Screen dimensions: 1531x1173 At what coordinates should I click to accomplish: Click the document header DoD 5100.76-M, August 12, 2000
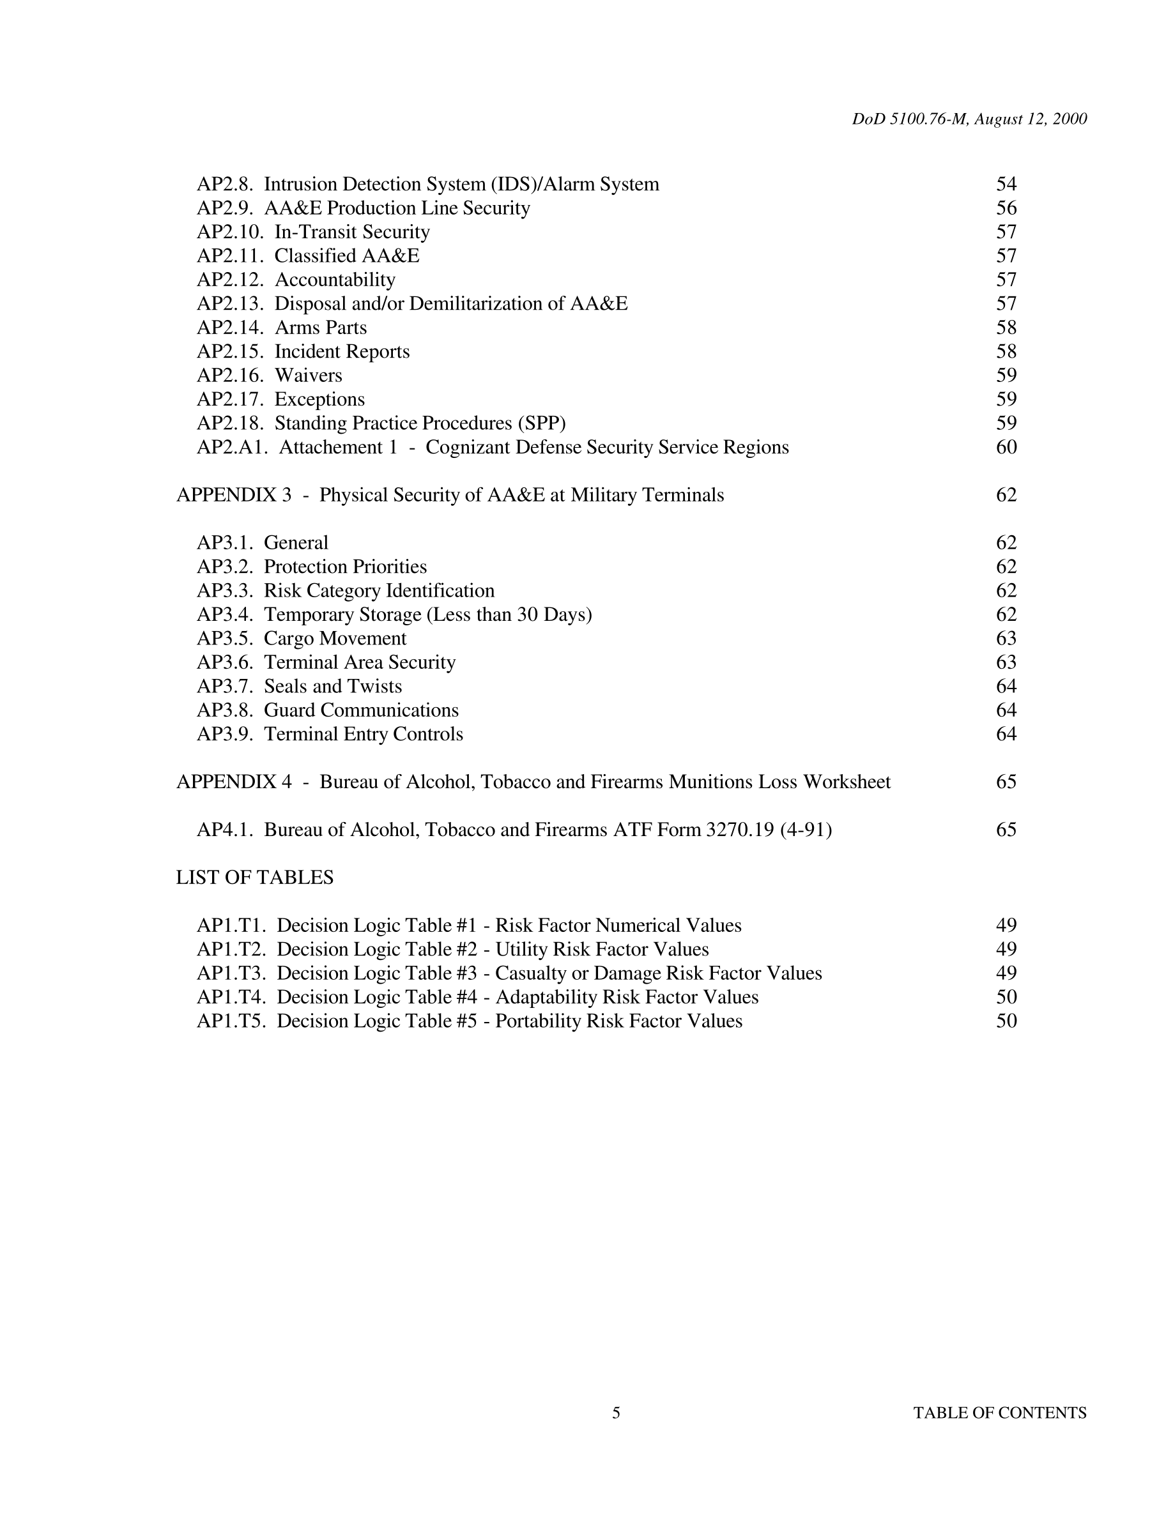click(969, 119)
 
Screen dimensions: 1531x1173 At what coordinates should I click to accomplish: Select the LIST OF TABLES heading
click(255, 877)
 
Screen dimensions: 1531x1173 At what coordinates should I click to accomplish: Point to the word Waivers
click(309, 376)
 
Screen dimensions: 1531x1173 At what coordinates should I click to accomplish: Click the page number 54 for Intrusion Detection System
click(1006, 185)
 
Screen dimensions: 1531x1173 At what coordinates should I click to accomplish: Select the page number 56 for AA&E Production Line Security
click(1006, 208)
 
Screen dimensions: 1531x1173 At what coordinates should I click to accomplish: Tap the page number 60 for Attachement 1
click(1006, 447)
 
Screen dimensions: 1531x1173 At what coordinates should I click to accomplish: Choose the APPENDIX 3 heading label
click(234, 495)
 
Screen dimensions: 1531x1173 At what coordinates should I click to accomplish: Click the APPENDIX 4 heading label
click(234, 781)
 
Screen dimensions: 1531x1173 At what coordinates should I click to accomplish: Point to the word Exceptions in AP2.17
click(320, 399)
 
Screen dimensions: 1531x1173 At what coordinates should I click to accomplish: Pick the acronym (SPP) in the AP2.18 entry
click(541, 423)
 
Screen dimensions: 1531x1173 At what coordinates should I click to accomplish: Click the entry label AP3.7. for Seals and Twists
click(225, 686)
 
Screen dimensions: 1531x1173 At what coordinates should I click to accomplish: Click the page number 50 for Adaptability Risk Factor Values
click(1006, 997)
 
